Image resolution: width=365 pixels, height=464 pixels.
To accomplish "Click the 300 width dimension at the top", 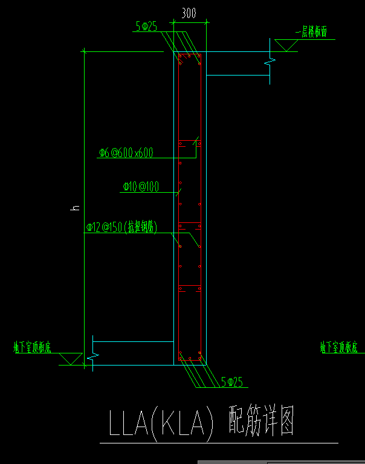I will (189, 13).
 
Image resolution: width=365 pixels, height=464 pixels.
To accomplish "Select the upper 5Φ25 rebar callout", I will (146, 26).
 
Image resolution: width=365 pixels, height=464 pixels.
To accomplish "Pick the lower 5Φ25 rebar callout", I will (231, 381).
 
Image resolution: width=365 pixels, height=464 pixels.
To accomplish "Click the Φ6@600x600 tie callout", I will (126, 153).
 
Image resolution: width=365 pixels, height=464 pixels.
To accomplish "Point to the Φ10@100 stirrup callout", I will (140, 187).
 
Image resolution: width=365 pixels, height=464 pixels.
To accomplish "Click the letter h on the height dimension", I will (76, 207).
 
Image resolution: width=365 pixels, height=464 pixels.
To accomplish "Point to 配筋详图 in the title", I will (261, 421).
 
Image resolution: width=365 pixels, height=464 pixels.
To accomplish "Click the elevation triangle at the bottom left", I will (71, 359).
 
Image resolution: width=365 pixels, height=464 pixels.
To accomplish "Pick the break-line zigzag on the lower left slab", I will (92, 356).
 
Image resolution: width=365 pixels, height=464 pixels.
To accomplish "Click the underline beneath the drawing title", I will (218, 443).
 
